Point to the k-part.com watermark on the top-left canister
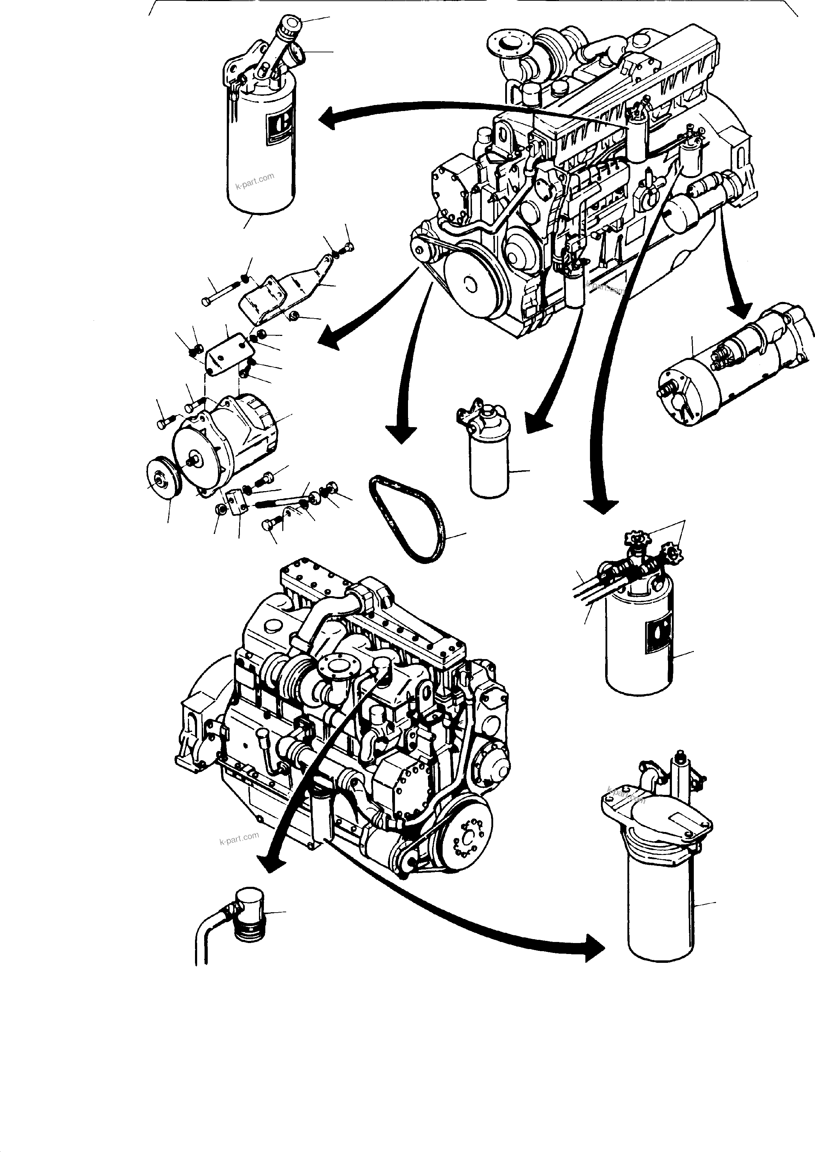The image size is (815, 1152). click(255, 181)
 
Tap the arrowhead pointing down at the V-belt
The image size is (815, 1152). click(401, 432)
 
